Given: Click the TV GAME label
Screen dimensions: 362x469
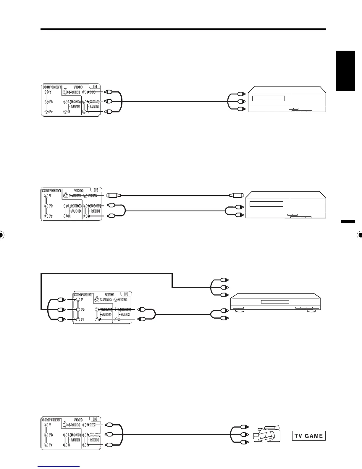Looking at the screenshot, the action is (x=308, y=436).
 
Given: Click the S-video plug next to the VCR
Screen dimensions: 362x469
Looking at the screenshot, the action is (x=236, y=195).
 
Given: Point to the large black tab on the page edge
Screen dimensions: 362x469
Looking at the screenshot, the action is (x=345, y=71).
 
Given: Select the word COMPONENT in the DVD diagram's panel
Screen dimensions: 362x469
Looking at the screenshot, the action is (x=83, y=295).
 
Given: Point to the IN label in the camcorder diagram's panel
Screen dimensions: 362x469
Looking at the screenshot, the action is (x=95, y=419).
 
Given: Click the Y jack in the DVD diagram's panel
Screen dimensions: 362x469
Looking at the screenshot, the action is (x=77, y=300).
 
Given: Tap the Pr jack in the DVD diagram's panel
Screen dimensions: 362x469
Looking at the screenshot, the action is (x=77, y=319).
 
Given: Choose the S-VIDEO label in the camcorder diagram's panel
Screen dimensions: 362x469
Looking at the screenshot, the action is (x=74, y=425).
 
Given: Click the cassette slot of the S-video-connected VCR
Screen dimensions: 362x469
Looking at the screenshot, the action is (x=266, y=204).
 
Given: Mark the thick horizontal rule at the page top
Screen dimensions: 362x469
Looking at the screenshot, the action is (x=183, y=29).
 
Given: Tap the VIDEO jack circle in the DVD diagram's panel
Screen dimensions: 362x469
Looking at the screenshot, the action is (x=115, y=300).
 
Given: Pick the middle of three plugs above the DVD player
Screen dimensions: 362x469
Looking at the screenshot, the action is (x=225, y=287).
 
